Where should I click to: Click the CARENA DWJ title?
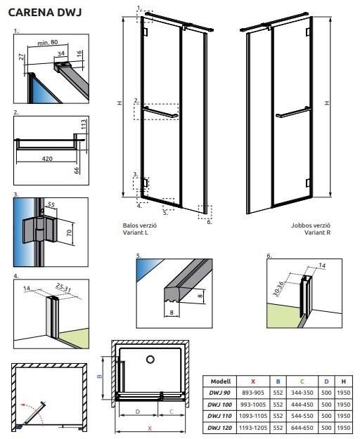[x=45, y=13]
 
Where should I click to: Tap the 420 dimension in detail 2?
[x=47, y=159]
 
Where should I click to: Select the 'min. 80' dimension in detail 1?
[x=48, y=43]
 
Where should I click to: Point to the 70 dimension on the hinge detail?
[x=69, y=232]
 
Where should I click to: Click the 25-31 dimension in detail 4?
[x=63, y=288]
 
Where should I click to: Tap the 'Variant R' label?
[x=317, y=232]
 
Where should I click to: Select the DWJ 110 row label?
[x=219, y=416]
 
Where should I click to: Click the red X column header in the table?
[x=253, y=381]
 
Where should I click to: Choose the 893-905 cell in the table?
[x=253, y=393]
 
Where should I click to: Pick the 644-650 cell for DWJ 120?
[x=302, y=428]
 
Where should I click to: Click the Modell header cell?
[x=221, y=381]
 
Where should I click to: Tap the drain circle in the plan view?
[x=150, y=359]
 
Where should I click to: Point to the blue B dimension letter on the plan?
[x=100, y=376]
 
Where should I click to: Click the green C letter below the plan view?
[x=172, y=412]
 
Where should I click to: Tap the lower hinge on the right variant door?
[x=307, y=183]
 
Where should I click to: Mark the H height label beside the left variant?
[x=120, y=103]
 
